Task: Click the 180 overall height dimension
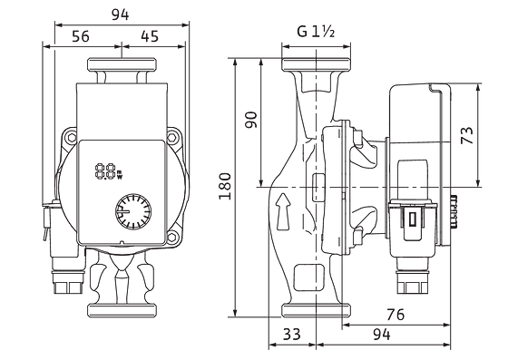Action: pyautogui.click(x=225, y=186)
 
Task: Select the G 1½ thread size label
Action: pyautogui.click(x=316, y=32)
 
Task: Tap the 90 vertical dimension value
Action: pyautogui.click(x=251, y=120)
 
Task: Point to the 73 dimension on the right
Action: pyautogui.click(x=467, y=135)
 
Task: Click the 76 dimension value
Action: pyautogui.click(x=396, y=315)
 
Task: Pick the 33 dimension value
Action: pyautogui.click(x=291, y=334)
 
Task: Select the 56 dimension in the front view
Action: pyautogui.click(x=81, y=36)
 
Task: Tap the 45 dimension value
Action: pyautogui.click(x=150, y=36)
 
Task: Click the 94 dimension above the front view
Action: pyautogui.click(x=120, y=15)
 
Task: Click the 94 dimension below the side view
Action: pyautogui.click(x=381, y=334)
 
